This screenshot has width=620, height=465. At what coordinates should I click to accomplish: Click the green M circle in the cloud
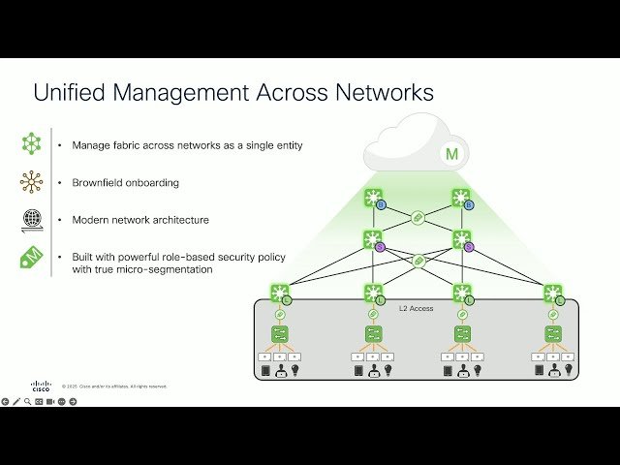[451, 154]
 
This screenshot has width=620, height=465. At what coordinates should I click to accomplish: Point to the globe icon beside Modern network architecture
[31, 219]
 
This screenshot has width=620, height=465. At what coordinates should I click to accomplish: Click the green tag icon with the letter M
[31, 258]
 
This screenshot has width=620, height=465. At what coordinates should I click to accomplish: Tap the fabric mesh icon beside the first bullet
[31, 144]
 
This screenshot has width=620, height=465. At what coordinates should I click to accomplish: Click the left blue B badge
[381, 205]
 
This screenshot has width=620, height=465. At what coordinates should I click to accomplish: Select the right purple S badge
[469, 247]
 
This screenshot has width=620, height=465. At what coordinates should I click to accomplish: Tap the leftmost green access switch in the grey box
[281, 334]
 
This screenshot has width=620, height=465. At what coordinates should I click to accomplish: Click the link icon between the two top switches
[418, 218]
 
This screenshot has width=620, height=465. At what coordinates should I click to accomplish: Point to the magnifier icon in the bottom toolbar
[27, 401]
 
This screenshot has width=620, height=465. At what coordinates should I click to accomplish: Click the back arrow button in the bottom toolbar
[5, 401]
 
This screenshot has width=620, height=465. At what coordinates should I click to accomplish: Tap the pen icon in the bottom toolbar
[16, 401]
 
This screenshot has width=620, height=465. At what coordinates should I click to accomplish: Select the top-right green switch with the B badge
[462, 199]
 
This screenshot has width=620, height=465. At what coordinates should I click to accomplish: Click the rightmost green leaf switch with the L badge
[552, 293]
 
